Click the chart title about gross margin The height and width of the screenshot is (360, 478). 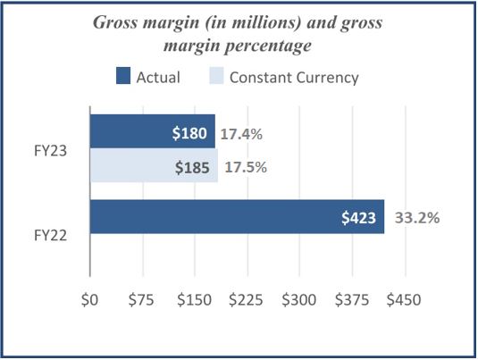pyautogui.click(x=238, y=33)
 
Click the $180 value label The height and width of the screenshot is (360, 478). pyautogui.click(x=190, y=133)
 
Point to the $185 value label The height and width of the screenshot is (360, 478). pyautogui.click(x=193, y=167)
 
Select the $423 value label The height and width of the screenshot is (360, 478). pyautogui.click(x=360, y=217)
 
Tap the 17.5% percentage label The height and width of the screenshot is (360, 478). pyautogui.click(x=245, y=167)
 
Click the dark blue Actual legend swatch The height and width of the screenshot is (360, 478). pyautogui.click(x=123, y=77)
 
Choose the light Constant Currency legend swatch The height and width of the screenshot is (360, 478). pyautogui.click(x=214, y=77)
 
